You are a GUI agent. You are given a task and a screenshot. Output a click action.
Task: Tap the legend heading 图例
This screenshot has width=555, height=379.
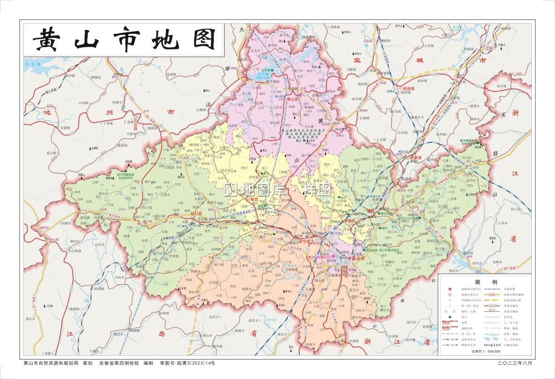[x=486, y=282]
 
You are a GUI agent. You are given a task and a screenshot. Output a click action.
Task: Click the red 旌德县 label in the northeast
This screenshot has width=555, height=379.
[x=408, y=88]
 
